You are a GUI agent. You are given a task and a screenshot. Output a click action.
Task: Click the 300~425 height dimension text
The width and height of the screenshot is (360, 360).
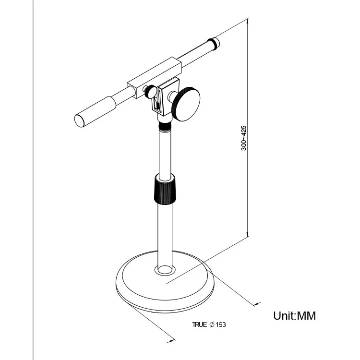(244, 138)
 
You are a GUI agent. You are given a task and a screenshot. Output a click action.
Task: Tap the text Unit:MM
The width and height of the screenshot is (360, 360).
(295, 316)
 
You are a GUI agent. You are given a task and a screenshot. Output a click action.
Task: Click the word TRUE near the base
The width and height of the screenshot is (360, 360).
(199, 325)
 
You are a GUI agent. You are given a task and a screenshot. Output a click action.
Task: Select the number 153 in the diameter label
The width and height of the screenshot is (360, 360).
(221, 325)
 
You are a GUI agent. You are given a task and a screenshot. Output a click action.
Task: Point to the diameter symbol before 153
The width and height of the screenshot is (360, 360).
(211, 325)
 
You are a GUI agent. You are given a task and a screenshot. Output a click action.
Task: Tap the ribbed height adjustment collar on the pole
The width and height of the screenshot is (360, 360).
(164, 189)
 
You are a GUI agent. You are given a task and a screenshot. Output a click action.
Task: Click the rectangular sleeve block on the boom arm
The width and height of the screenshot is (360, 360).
(154, 77)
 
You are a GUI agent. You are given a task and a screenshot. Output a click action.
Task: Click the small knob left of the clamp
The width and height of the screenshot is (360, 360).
(150, 91)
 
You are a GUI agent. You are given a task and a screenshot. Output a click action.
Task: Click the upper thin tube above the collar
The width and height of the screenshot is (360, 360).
(165, 151)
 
